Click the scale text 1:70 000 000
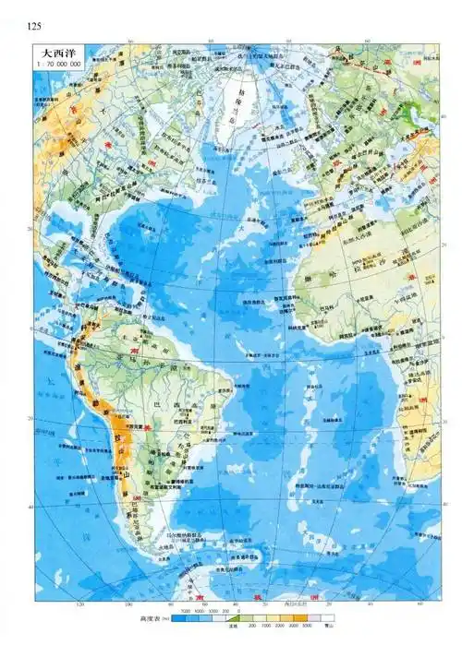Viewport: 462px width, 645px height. pyautogui.click(x=57, y=66)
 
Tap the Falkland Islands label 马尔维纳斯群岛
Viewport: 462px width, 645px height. pyautogui.click(x=185, y=534)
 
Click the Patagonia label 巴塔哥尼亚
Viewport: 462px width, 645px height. pyautogui.click(x=139, y=517)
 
